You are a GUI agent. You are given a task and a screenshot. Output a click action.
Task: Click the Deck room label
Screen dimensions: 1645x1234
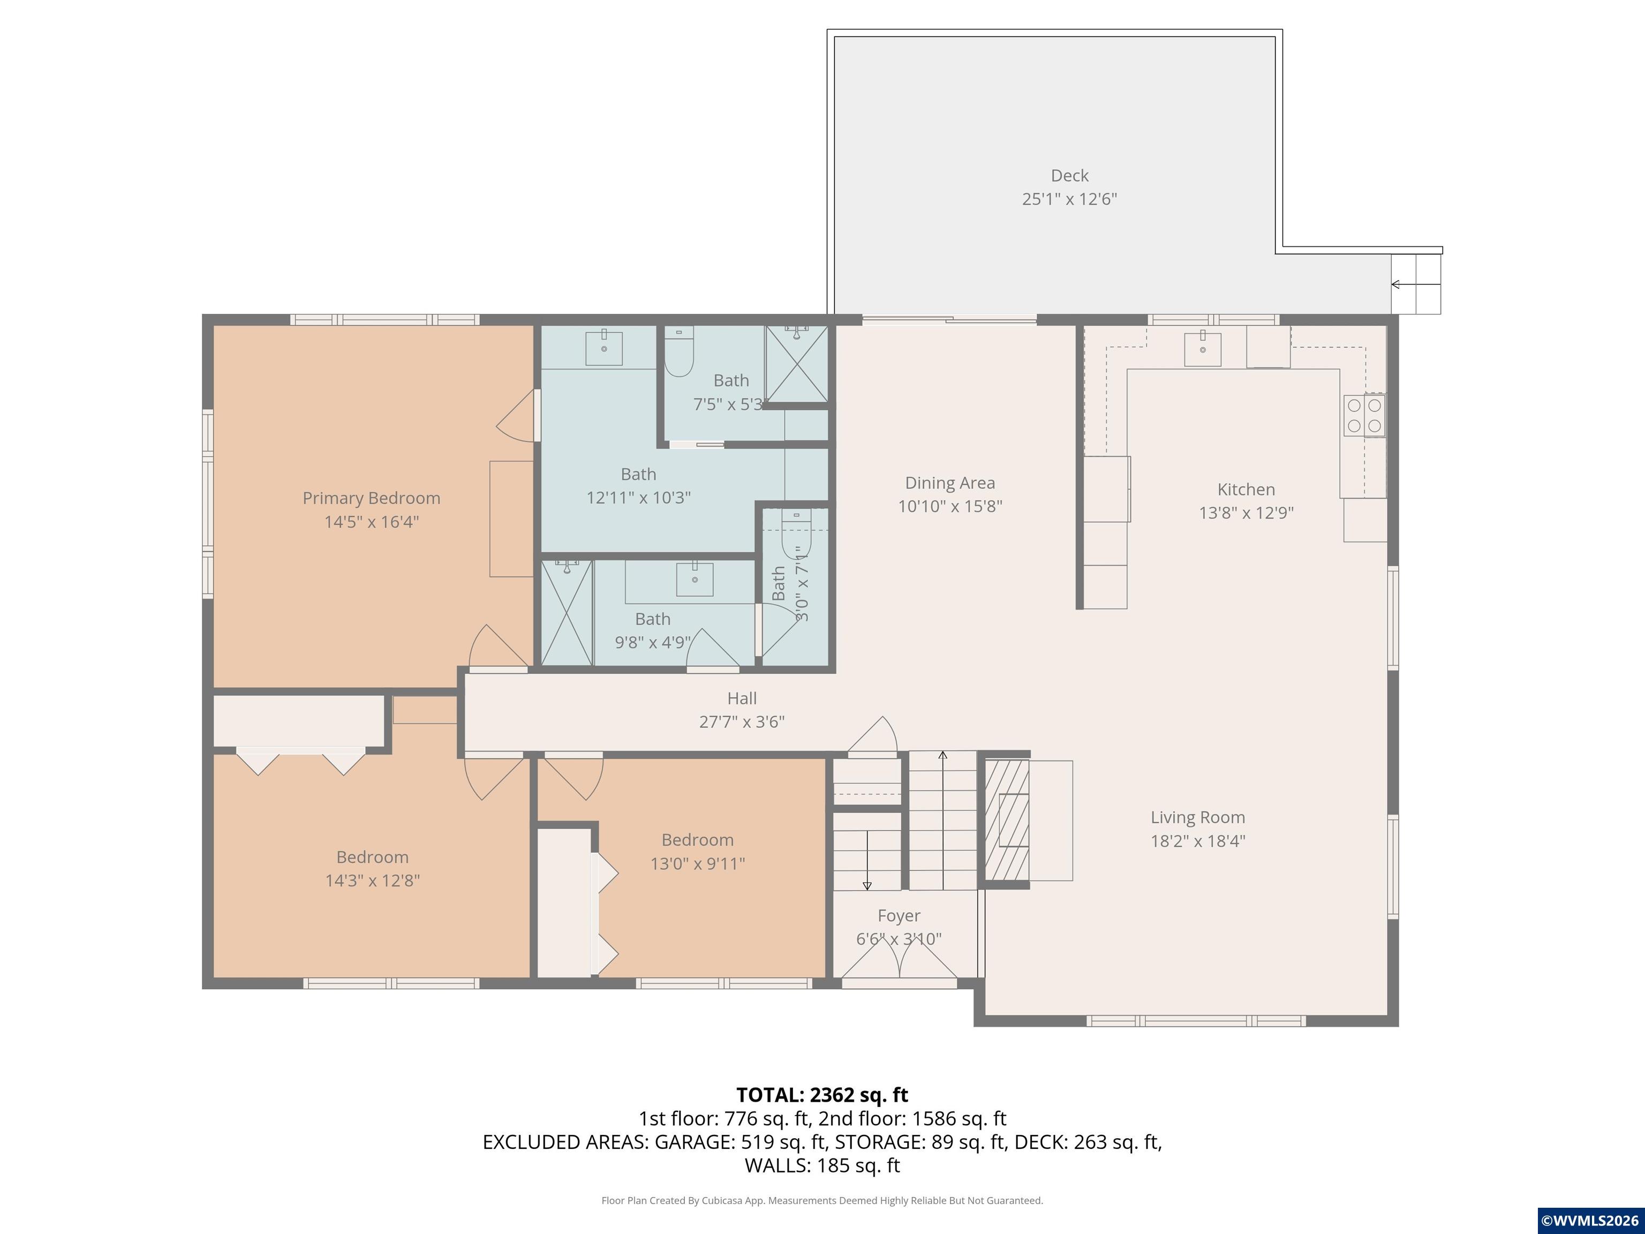coord(1069,176)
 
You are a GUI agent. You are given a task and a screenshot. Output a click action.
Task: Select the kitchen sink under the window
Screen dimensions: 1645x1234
coord(1203,350)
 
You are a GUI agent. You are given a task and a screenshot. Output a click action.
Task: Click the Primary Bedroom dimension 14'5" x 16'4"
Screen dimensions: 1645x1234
coord(371,522)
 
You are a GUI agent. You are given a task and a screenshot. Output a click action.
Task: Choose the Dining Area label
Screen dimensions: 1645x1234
coord(949,483)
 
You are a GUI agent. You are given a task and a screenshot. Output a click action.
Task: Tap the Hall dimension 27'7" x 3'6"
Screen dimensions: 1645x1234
coord(742,721)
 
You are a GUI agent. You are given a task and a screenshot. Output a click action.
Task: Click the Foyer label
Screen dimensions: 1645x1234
coord(899,916)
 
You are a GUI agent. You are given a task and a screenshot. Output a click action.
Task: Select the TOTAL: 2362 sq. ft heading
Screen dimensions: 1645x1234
coord(822,1095)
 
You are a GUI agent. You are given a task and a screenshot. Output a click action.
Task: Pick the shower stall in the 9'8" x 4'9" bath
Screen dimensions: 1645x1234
coord(567,613)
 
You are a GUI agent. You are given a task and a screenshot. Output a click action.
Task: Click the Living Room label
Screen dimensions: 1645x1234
coord(1197,817)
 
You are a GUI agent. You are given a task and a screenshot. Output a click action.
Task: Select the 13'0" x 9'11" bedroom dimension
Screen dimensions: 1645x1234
coord(698,863)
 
